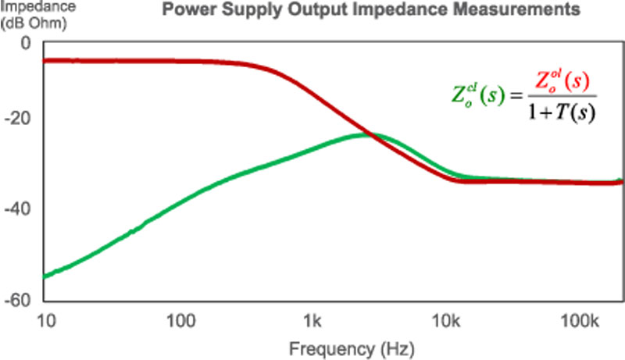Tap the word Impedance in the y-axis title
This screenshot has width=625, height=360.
coord(29,6)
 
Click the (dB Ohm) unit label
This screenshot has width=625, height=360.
coord(28,21)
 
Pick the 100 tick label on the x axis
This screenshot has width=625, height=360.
coord(180,321)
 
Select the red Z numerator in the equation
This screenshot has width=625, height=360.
coord(560,82)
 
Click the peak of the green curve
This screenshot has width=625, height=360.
coord(366,134)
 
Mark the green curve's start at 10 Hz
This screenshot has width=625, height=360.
coord(45,276)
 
